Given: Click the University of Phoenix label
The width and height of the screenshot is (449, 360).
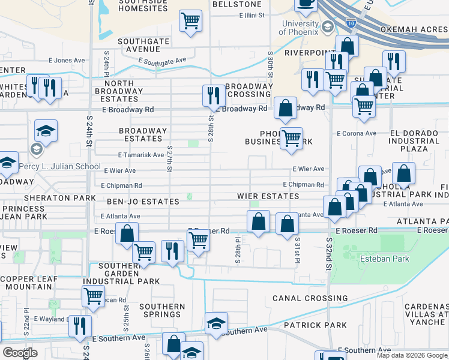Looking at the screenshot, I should coord(300,28).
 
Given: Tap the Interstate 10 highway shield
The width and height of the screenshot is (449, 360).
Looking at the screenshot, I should coord(351,24).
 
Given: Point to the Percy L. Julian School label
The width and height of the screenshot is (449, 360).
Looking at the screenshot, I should coord(59,166).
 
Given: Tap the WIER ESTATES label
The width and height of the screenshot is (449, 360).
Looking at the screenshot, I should coord(268,196).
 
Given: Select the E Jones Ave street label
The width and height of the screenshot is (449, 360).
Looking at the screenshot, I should coord(67,61).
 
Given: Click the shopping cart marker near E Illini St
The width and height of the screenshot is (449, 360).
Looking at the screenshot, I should coord(190,21).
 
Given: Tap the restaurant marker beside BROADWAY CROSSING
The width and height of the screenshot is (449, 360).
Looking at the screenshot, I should coord(212,95).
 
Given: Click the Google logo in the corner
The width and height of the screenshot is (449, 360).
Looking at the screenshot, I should coord(20,353).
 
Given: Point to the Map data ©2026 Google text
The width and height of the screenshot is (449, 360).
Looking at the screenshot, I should coord(412,355).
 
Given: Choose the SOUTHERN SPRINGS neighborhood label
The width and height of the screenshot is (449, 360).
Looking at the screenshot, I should coord(162,311).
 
